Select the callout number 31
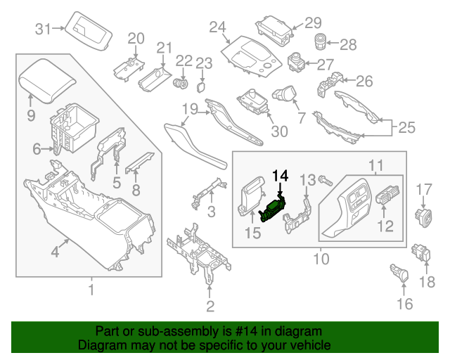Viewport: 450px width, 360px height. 44,29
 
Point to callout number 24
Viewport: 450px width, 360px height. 218,27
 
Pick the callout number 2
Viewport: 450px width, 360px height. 210,305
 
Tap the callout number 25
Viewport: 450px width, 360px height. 406,128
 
